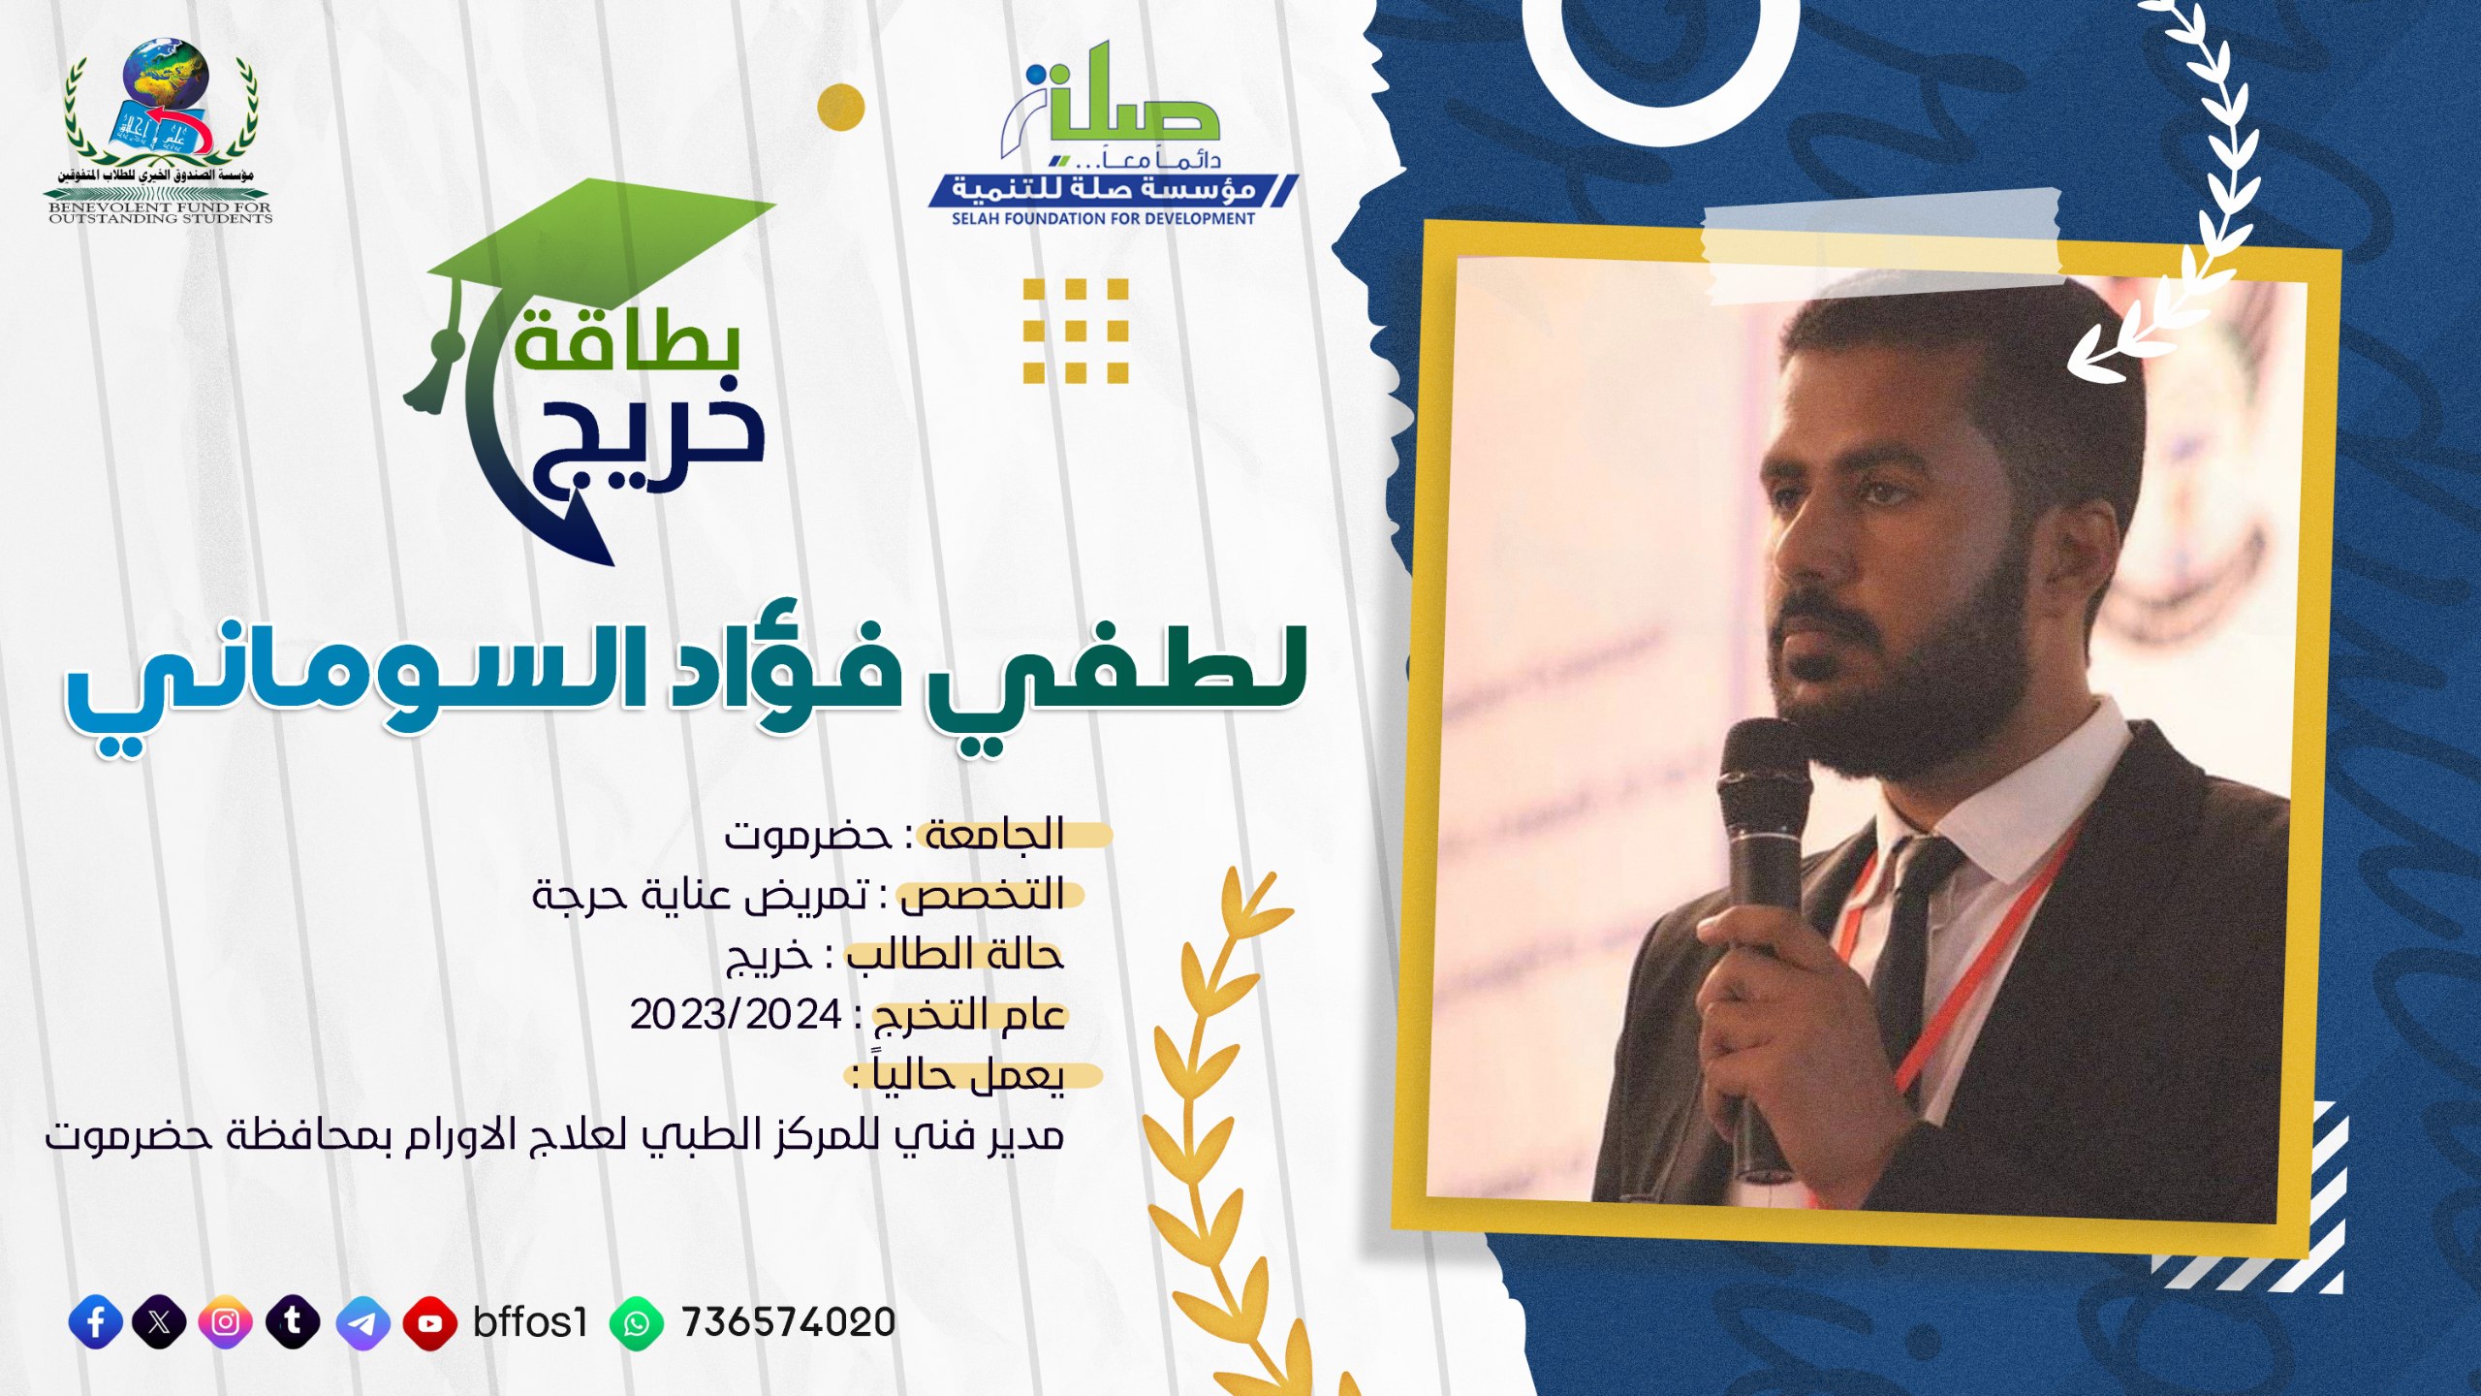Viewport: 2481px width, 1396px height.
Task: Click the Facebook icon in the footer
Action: click(x=96, y=1322)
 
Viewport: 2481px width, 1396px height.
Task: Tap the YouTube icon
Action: click(x=429, y=1322)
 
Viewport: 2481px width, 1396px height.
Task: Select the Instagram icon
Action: click(x=226, y=1322)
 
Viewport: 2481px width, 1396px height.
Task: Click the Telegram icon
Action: click(x=363, y=1322)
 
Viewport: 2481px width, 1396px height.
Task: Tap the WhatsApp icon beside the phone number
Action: click(x=637, y=1322)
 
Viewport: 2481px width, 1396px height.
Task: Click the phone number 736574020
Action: click(x=788, y=1322)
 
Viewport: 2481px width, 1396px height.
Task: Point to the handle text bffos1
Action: click(x=530, y=1322)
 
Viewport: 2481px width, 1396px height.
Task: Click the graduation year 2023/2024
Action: click(x=736, y=1015)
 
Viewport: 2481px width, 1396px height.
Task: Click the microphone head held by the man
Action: click(x=1764, y=776)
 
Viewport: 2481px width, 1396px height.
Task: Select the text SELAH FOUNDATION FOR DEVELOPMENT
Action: click(x=1103, y=219)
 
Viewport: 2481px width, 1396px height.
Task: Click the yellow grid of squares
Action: click(x=1076, y=331)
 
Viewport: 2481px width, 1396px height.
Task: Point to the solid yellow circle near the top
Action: click(x=840, y=106)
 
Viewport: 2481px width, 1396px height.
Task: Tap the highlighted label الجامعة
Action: click(x=994, y=834)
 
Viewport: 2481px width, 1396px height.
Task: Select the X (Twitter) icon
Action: click(x=160, y=1322)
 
